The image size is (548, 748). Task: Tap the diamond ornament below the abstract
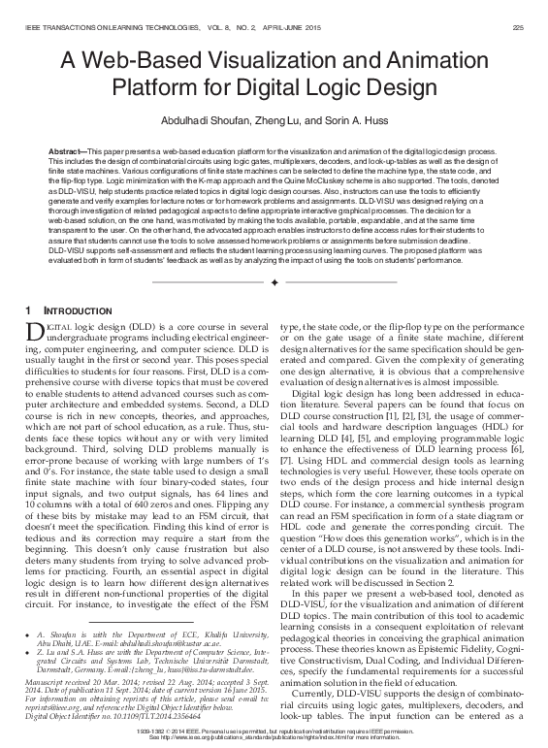tap(274, 282)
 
